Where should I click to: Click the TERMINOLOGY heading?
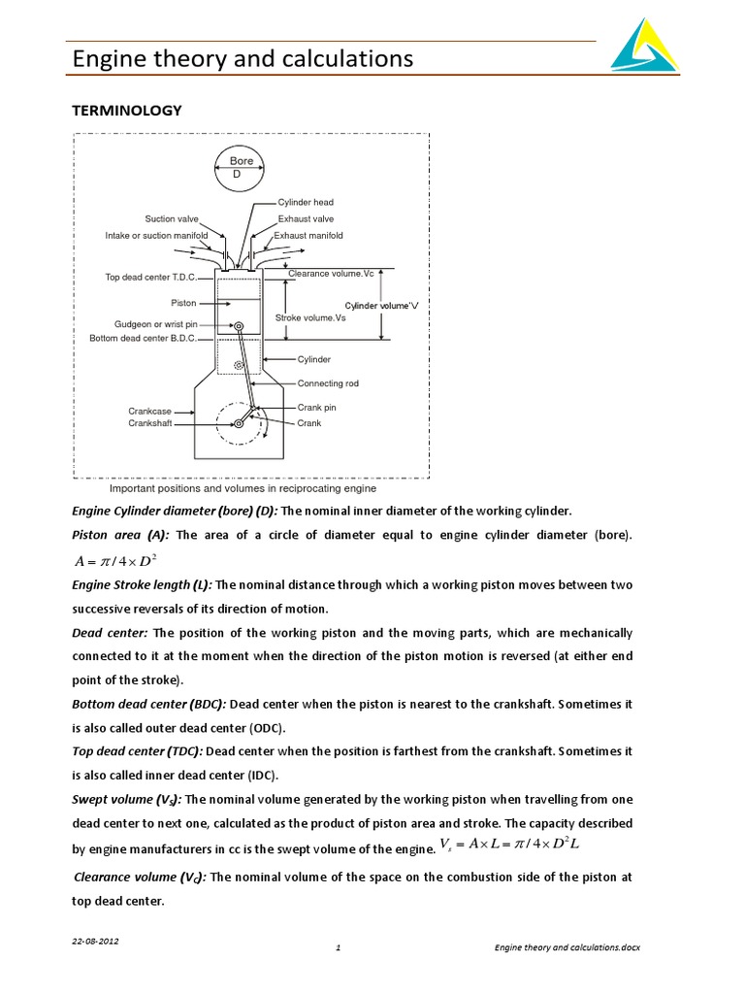[x=127, y=111]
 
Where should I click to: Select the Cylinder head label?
[x=306, y=202]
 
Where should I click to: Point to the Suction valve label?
[x=172, y=219]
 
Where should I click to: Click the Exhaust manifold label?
[x=308, y=236]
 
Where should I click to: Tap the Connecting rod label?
[x=327, y=383]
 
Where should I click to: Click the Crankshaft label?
[x=149, y=423]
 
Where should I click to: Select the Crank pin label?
[x=316, y=408]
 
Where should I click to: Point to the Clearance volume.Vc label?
[x=331, y=274]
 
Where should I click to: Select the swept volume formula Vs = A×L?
[x=508, y=845]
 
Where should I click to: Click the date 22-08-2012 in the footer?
[x=96, y=942]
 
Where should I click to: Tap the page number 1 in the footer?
[x=337, y=947]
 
